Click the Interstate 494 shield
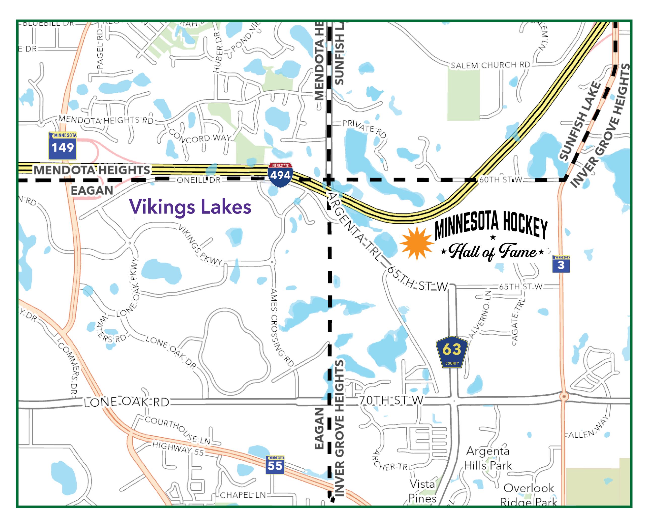pos(280,175)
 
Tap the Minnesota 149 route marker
pos(62,146)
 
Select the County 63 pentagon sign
pos(452,352)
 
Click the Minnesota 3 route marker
pos(561,264)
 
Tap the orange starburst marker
pos(417,244)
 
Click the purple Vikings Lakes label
pos(190,207)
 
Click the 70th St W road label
pos(391,400)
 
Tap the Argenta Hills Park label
pos(488,458)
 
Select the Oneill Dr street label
pos(199,180)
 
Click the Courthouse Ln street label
pos(178,430)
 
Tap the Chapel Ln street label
pos(243,495)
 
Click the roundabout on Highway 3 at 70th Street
pos(564,397)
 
